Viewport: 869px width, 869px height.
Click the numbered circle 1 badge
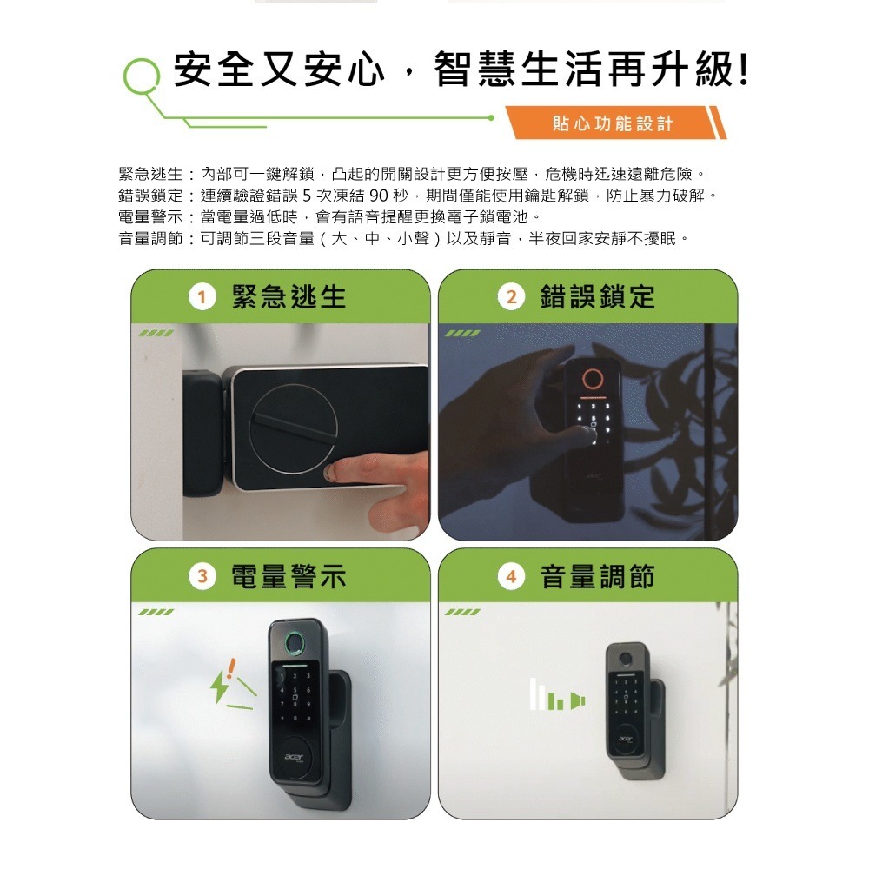pyautogui.click(x=202, y=297)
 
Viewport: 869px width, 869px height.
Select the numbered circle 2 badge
pyautogui.click(x=511, y=297)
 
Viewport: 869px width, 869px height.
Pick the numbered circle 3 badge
pyautogui.click(x=202, y=576)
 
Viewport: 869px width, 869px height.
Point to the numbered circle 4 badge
pyautogui.click(x=511, y=576)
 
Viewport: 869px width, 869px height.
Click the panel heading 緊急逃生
pyautogui.click(x=289, y=297)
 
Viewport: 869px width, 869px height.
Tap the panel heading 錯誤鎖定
pyautogui.click(x=598, y=297)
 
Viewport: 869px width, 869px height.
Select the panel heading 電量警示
pyautogui.click(x=289, y=576)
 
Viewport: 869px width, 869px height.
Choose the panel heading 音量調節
pyautogui.click(x=598, y=576)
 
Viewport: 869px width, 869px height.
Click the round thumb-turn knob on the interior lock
pyautogui.click(x=293, y=429)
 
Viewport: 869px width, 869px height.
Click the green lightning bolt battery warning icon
pyautogui.click(x=220, y=687)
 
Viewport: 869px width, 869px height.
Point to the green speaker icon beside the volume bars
pyautogui.click(x=578, y=701)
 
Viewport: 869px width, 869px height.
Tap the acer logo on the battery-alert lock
pyautogui.click(x=294, y=757)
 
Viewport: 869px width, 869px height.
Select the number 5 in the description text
pyautogui.click(x=308, y=195)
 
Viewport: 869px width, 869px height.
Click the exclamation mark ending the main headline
pyautogui.click(x=744, y=70)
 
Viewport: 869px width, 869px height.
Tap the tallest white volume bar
pyautogui.click(x=534, y=693)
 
